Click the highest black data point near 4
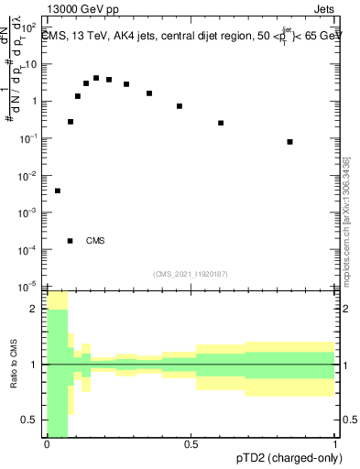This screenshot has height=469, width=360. click(96, 79)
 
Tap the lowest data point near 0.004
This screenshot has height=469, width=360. click(58, 191)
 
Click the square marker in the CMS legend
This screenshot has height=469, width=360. click(71, 241)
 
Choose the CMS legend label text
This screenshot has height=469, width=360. click(95, 241)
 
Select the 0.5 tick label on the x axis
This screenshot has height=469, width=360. click(191, 444)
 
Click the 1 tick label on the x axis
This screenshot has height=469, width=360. click(335, 444)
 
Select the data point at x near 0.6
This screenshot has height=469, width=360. click(221, 123)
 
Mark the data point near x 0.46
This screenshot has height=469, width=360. click(180, 106)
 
